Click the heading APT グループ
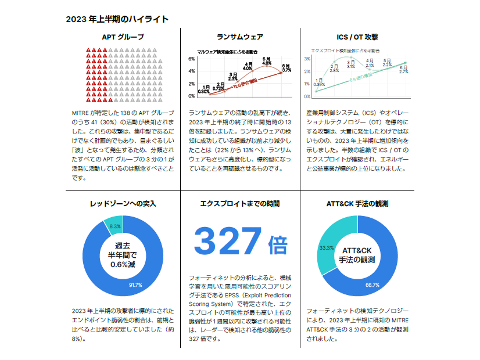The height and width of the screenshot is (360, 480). click(123, 37)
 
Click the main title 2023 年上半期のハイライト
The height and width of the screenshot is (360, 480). click(117, 19)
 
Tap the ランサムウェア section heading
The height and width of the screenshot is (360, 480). click(240, 37)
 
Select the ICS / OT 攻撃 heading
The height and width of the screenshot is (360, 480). click(357, 37)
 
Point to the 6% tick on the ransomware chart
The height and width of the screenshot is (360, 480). click(192, 59)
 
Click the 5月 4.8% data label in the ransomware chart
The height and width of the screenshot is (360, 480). click(266, 61)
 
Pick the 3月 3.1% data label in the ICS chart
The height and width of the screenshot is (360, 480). click(351, 64)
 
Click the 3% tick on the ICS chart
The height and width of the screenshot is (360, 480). click(307, 59)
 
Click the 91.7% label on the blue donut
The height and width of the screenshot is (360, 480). click(135, 285)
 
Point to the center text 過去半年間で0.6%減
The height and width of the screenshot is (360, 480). click(123, 255)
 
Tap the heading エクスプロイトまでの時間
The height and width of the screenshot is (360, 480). click(240, 204)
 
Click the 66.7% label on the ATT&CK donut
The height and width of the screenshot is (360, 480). click(372, 285)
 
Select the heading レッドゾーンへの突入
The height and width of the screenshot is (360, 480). click(123, 204)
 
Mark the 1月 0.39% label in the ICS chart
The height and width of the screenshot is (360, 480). click(319, 82)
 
